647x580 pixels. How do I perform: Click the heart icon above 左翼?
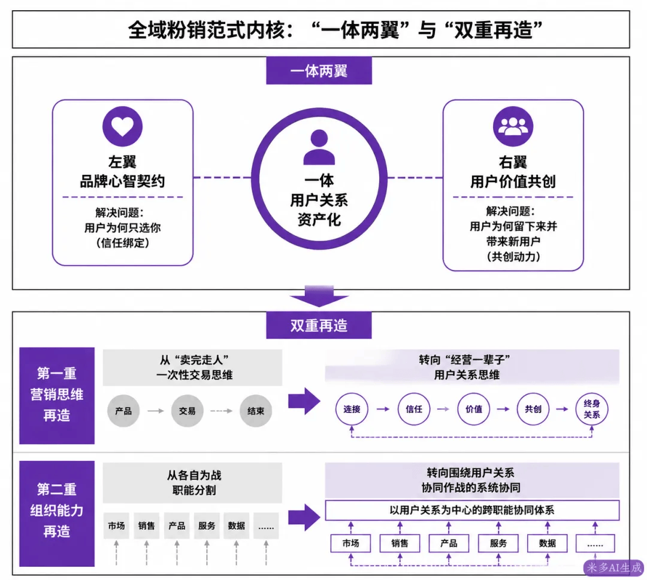click(x=123, y=126)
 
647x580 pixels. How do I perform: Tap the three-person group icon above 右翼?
click(x=513, y=126)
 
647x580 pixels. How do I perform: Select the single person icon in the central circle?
click(x=319, y=147)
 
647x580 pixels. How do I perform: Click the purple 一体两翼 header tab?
click(x=319, y=71)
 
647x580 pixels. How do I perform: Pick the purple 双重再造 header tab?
click(x=319, y=325)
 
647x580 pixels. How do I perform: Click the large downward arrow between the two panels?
click(x=319, y=296)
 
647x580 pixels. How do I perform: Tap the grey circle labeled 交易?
click(x=188, y=411)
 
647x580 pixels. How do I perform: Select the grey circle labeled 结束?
click(x=256, y=411)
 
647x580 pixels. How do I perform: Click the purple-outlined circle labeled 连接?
click(x=352, y=409)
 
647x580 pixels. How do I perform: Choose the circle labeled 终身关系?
click(x=592, y=409)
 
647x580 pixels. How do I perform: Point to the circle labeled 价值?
click(x=474, y=409)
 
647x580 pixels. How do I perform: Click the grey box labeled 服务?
click(x=207, y=526)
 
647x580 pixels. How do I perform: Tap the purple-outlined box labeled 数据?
click(x=547, y=543)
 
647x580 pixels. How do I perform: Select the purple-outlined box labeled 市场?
click(x=350, y=543)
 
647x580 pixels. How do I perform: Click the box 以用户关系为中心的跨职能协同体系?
click(x=472, y=511)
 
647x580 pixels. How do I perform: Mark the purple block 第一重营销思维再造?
click(x=57, y=395)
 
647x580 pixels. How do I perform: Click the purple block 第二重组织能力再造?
click(x=57, y=513)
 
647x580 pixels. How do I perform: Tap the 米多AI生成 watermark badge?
click(x=614, y=567)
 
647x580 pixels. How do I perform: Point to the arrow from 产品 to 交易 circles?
click(x=156, y=411)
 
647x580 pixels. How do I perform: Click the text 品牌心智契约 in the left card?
click(x=123, y=181)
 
